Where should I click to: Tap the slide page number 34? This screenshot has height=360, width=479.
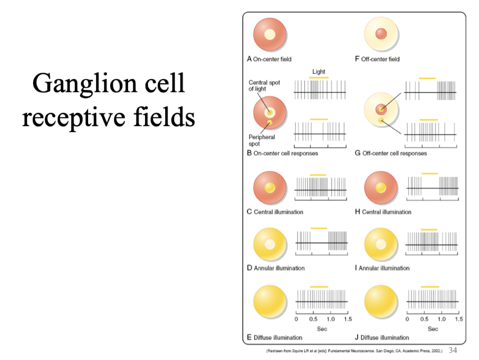tap(453, 350)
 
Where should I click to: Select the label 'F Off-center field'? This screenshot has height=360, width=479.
tap(377, 59)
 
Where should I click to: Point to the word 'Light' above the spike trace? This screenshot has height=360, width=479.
tap(319, 72)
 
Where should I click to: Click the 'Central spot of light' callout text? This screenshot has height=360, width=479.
tap(264, 86)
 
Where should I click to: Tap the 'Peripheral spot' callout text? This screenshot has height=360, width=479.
tap(262, 140)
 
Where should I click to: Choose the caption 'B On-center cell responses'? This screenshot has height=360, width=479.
tap(282, 153)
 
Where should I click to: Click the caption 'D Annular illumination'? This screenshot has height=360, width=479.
tap(275, 268)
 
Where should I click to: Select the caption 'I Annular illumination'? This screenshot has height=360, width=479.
tap(382, 268)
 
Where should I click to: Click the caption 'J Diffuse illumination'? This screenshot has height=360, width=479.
tap(382, 337)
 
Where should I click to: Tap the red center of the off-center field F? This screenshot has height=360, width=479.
tap(381, 34)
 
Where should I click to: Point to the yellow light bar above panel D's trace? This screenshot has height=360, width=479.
tap(319, 228)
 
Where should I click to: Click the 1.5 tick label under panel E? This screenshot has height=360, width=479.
tap(347, 319)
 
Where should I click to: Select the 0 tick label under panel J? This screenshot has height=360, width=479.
tap(407, 319)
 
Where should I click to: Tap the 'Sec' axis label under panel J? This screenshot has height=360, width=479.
tap(433, 329)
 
